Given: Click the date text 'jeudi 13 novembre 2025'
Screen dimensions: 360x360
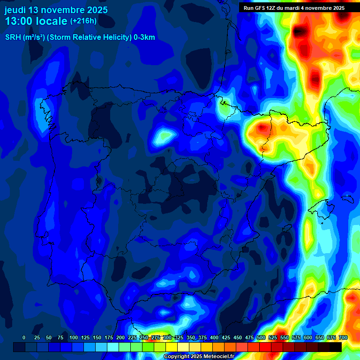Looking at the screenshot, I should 56,10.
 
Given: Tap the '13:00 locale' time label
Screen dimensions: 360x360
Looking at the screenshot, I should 36,21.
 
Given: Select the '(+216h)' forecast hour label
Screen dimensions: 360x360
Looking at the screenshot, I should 83,21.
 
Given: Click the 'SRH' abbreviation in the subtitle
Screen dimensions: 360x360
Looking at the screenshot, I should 13,37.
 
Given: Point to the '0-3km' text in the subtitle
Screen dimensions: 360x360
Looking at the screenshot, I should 144,37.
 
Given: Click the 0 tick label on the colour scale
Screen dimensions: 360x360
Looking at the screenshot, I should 24,337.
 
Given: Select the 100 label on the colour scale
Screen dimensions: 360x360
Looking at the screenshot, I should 73,337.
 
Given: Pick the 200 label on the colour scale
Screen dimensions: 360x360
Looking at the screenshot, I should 120,337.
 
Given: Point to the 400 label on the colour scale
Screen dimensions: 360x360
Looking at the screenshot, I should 214,337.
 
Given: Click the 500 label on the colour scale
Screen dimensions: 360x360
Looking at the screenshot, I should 261,337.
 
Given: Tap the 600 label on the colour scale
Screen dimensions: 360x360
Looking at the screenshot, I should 308,337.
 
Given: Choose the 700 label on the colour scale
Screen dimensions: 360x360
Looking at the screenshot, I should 343,337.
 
